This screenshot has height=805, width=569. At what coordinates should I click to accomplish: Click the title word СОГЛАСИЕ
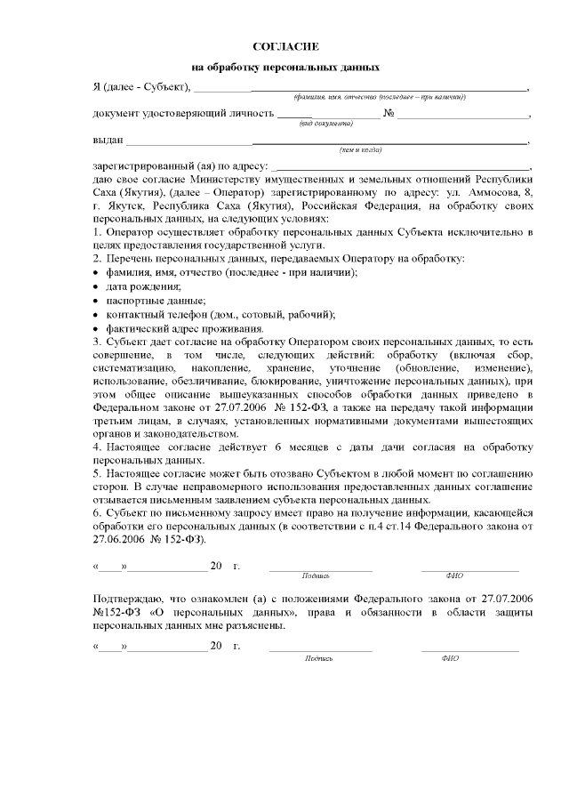pyautogui.click(x=285, y=44)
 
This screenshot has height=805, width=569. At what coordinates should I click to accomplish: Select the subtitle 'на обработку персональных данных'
pyautogui.click(x=285, y=68)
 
